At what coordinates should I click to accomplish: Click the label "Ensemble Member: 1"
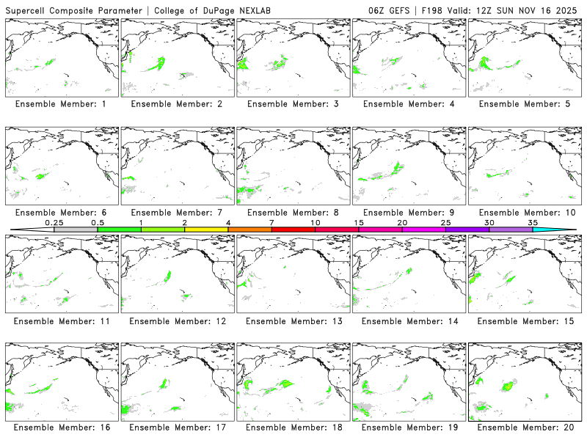pyautogui.click(x=61, y=104)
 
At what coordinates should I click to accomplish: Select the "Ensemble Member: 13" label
pyautogui.click(x=293, y=321)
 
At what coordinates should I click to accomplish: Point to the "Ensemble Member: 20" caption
pyautogui.click(x=524, y=427)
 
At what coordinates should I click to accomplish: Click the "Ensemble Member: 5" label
pyautogui.click(x=524, y=104)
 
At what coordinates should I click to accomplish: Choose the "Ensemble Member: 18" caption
pyautogui.click(x=293, y=427)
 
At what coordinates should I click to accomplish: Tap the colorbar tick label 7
pyautogui.click(x=271, y=222)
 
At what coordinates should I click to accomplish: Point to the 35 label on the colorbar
pyautogui.click(x=533, y=222)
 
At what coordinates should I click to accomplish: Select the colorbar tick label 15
pyautogui.click(x=359, y=222)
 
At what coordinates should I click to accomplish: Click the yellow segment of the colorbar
pyautogui.click(x=206, y=230)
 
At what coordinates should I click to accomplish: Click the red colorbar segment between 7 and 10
pyautogui.click(x=293, y=230)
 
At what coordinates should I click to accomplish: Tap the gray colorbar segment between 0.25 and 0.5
pyautogui.click(x=76, y=230)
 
